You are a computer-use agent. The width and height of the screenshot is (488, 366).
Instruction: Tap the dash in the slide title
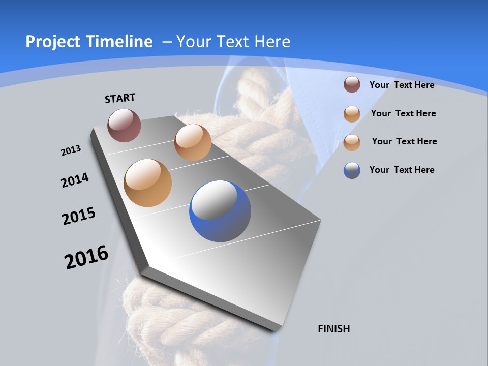coord(166,42)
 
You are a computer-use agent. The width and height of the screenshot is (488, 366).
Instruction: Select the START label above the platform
coord(120,98)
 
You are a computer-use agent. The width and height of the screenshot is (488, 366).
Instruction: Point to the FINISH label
coord(333,329)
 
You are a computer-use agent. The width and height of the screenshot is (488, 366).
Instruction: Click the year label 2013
coord(71,150)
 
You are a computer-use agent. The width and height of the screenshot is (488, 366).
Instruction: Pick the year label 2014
coord(75,180)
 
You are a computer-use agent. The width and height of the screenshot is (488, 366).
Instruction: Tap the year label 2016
coord(86,257)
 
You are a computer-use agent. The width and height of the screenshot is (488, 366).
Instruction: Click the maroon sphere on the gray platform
coord(124,125)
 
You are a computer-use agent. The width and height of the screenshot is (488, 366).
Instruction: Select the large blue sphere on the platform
coord(220,211)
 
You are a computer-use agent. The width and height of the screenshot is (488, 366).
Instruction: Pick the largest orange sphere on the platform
coord(147,183)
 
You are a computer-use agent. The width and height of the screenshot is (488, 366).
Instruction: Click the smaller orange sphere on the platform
coord(193,142)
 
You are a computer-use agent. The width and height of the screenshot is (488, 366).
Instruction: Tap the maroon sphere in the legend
coord(352,84)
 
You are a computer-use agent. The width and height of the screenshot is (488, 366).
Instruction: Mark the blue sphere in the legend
coord(352,170)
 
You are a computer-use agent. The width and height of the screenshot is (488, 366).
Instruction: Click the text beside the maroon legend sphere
coord(402,85)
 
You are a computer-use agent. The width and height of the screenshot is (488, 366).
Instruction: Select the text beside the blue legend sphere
coord(402,170)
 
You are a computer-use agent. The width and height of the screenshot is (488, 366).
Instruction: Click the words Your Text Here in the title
coord(233,42)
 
